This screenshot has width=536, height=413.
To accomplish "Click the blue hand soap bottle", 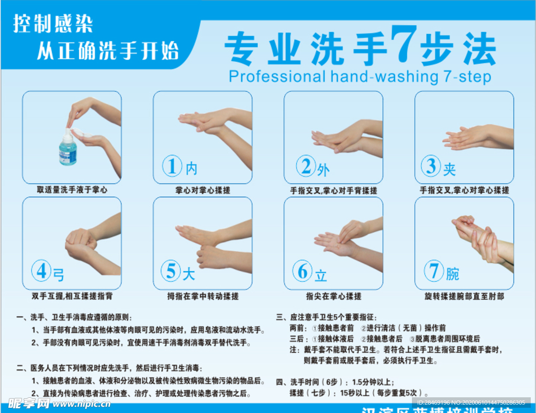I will pos(68,149).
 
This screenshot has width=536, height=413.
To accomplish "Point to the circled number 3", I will pos(431,166).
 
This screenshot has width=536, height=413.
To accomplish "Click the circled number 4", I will pos(41,271).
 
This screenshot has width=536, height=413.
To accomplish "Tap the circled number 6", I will pos(302,271).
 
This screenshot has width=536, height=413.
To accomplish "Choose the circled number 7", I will pos(434,271).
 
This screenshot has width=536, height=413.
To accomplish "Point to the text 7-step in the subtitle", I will pos(466,77).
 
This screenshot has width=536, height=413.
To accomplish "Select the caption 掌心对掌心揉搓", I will pos(203,190).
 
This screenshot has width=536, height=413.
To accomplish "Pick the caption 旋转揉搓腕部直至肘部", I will pos(464,296).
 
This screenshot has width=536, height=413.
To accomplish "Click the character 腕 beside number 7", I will pos(453,273).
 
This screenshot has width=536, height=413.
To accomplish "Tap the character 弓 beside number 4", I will pos(59,274).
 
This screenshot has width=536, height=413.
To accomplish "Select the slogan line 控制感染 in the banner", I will pos(53,24).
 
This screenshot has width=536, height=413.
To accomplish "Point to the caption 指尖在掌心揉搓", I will pos(333,296).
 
